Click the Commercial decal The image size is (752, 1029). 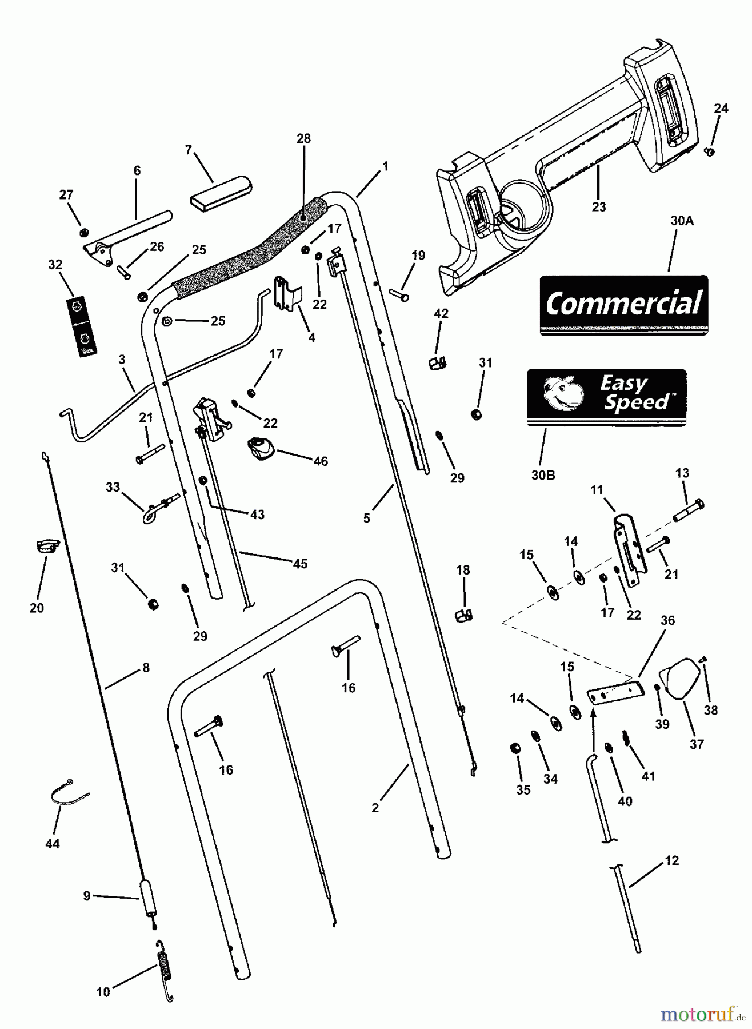623,304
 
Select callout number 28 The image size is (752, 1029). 303,138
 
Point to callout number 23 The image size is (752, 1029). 598,207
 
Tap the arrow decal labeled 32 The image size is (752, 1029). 81,326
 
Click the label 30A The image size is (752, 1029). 682,221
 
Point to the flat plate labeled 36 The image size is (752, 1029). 615,692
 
